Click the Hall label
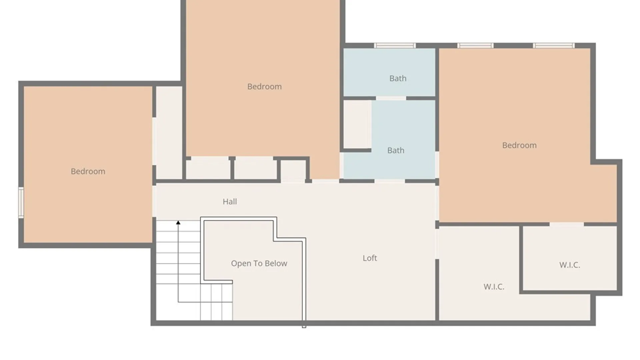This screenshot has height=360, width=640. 230,201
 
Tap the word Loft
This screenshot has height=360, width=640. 370,258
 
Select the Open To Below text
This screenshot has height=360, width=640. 259,263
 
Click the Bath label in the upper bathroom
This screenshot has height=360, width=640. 398,78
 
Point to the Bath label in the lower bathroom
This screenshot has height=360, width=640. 396,150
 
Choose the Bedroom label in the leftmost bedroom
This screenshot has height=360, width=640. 88,171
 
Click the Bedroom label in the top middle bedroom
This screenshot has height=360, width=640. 264,87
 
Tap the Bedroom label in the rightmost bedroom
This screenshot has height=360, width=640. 519,145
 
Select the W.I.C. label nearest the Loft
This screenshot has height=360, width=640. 494,287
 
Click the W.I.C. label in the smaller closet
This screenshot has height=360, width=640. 569,265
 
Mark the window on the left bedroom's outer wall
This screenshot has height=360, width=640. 21,203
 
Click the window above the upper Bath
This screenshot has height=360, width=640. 395,46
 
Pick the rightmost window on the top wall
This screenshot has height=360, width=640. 554,46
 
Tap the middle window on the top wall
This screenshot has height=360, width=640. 475,46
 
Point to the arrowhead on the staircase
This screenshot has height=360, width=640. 178,222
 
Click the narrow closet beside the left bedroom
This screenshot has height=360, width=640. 169,132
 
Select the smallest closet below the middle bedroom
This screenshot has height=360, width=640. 293,171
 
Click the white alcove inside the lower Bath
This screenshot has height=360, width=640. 357,124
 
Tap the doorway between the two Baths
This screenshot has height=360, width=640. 391,98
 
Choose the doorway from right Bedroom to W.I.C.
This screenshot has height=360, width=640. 567,224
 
